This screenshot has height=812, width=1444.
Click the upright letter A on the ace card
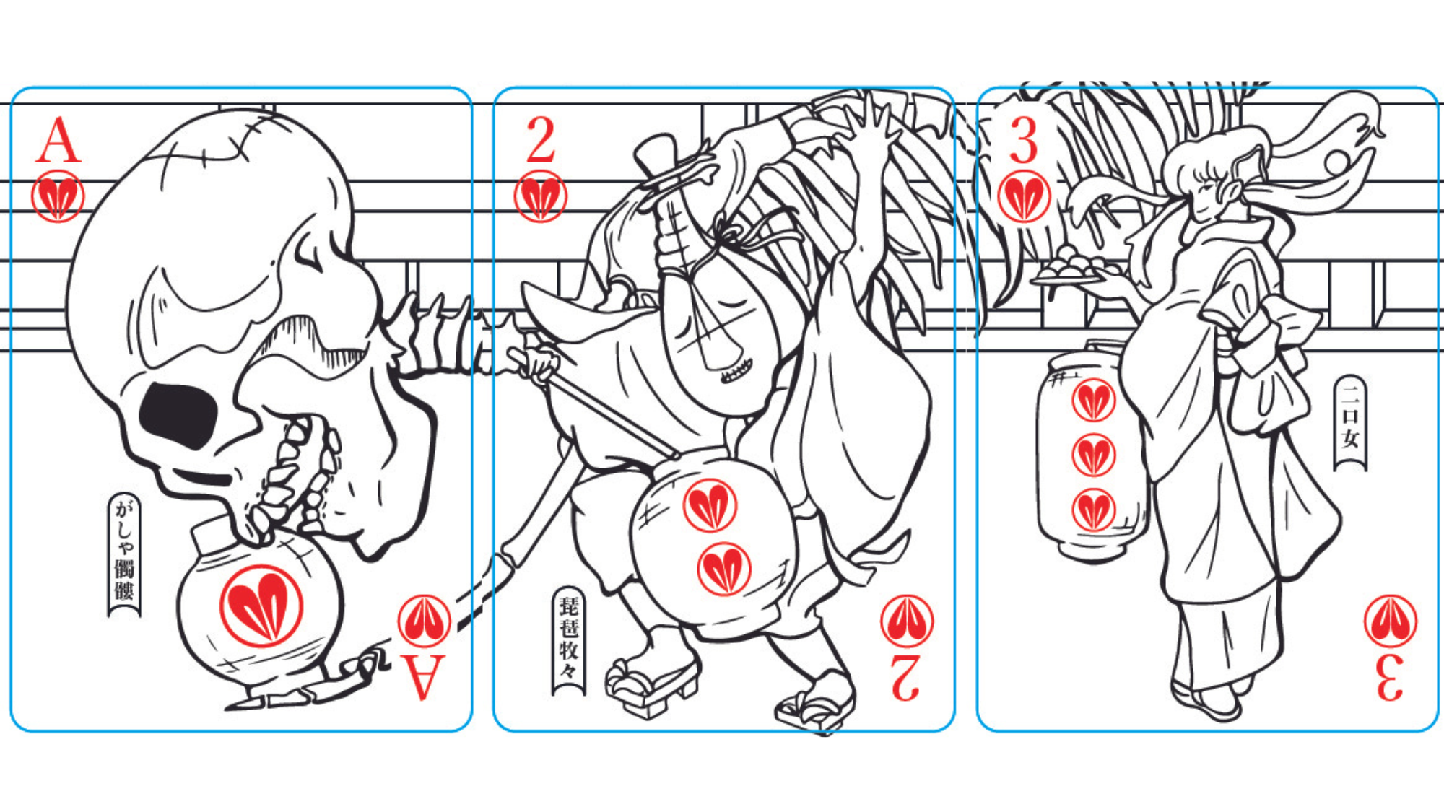tap(58, 141)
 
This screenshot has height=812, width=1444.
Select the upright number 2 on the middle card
tap(541, 140)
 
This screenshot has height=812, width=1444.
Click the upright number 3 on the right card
tap(1024, 141)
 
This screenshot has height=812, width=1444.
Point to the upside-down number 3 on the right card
tap(1390, 677)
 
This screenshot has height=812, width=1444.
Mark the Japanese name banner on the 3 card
tap(1350, 422)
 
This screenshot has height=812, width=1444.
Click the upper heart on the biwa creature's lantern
tap(710, 506)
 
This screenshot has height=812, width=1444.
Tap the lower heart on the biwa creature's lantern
tap(724, 569)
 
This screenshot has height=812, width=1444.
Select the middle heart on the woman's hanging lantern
tap(1094, 455)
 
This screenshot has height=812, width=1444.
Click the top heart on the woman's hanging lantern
tap(1094, 401)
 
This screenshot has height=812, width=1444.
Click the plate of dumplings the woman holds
tap(1067, 268)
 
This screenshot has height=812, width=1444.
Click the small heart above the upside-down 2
tap(907, 621)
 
